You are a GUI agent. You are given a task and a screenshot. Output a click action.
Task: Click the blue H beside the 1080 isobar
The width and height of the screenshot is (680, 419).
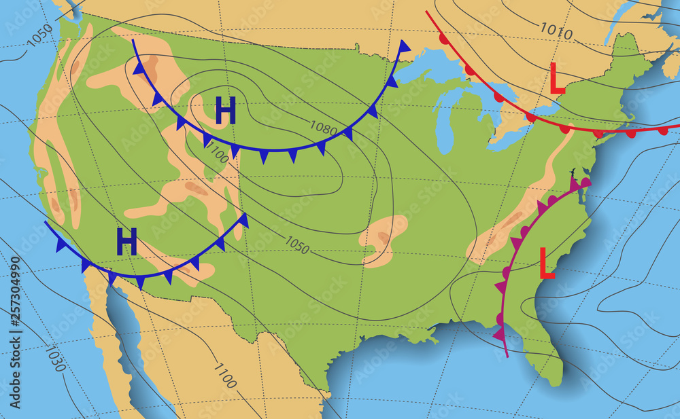(x=225, y=111)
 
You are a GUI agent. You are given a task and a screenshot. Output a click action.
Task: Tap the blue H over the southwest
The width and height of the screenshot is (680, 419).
(x=126, y=242)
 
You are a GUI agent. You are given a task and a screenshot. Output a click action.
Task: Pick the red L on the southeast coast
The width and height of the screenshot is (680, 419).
(x=546, y=263)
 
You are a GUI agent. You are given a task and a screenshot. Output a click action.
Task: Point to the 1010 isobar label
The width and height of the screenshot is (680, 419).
(x=557, y=30)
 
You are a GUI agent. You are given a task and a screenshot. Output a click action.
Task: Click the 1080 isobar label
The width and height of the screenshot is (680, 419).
(x=324, y=126)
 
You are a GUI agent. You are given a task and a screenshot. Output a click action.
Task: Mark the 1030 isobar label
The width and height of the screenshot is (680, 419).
(x=56, y=359)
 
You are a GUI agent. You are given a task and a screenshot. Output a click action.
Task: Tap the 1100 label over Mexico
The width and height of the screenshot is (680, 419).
(x=225, y=376)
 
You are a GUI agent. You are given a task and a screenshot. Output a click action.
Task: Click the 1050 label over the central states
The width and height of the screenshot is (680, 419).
(x=296, y=244)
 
